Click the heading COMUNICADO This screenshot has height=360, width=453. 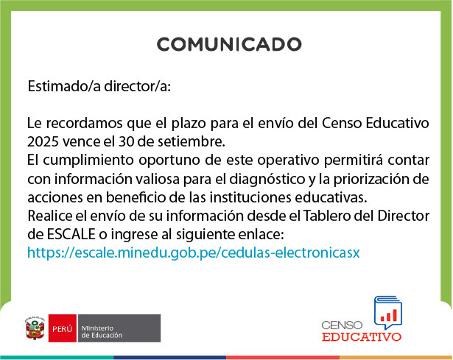tap(229, 44)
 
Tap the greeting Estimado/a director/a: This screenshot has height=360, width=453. tap(99, 86)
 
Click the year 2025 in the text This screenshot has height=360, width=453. tap(43, 142)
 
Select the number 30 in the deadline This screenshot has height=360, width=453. tap(126, 142)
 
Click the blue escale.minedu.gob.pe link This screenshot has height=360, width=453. tap(194, 253)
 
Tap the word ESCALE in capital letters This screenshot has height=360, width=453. tap(71, 234)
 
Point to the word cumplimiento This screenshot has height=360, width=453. tap(88, 160)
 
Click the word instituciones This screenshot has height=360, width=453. tap(250, 198)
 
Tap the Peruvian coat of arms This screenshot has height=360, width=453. tap(35, 328)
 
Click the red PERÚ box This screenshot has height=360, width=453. tap(63, 328)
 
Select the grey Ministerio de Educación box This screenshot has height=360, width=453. tap(119, 328)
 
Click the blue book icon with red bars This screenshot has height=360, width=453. tap(388, 313)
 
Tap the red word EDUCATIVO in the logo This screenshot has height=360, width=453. tap(362, 337)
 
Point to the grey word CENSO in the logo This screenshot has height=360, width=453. tap(342, 325)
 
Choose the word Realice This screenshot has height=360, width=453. tap(50, 216)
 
